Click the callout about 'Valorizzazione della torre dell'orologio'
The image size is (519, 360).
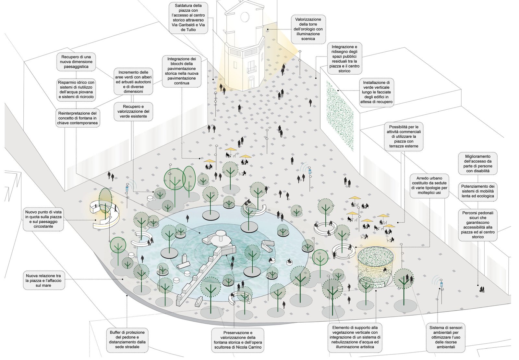tap(308, 29)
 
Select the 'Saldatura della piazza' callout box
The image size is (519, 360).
tap(188, 18)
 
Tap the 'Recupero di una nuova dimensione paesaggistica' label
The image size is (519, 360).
tap(76, 62)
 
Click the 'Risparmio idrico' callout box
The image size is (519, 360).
tap(76, 90)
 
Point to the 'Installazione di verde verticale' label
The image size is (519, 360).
tap(376, 92)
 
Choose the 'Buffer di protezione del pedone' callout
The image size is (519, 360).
tap(127, 340)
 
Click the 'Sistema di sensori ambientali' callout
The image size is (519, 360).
tap(445, 337)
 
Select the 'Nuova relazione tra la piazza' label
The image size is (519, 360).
tap(43, 280)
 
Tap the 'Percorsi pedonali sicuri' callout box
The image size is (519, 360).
tap(477, 225)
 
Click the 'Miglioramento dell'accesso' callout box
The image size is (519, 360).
tap(477, 164)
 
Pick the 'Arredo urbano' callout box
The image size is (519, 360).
tap(429, 185)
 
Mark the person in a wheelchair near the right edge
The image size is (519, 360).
tap(482, 290)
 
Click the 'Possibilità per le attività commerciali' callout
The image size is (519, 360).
tap(404, 137)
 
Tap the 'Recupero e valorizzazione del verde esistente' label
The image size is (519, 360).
tap(133, 111)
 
